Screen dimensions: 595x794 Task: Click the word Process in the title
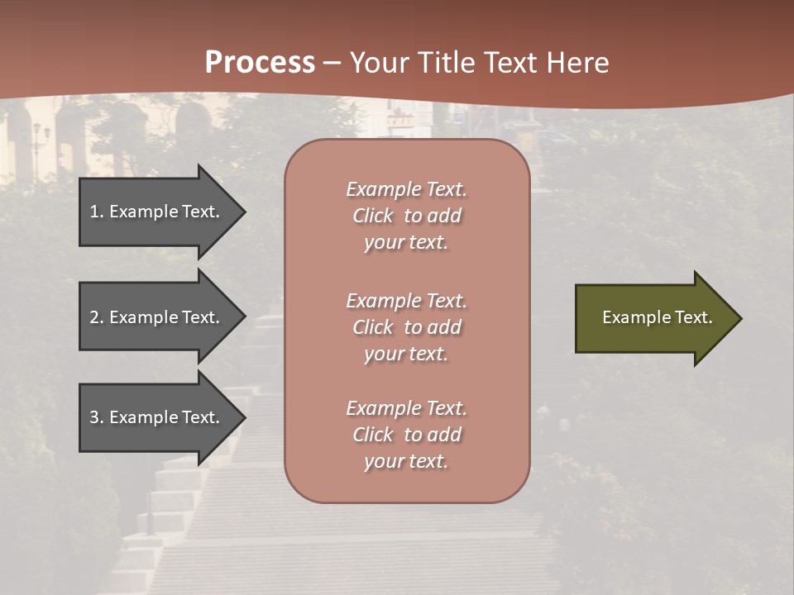[x=260, y=63]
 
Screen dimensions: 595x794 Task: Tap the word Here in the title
[x=576, y=63]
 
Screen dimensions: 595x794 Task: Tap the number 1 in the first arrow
[x=94, y=212]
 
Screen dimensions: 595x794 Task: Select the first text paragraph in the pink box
[x=406, y=216]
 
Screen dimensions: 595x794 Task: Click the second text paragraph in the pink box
[x=406, y=327]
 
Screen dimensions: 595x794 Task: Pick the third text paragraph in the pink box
[x=406, y=435]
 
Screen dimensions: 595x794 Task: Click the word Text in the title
[x=511, y=63]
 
